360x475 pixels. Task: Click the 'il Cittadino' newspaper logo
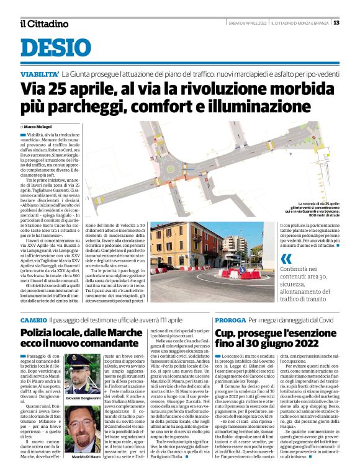click(x=43, y=24)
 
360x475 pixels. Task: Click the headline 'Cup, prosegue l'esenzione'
click(x=273, y=333)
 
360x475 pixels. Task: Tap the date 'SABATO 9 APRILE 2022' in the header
click(x=249, y=23)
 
